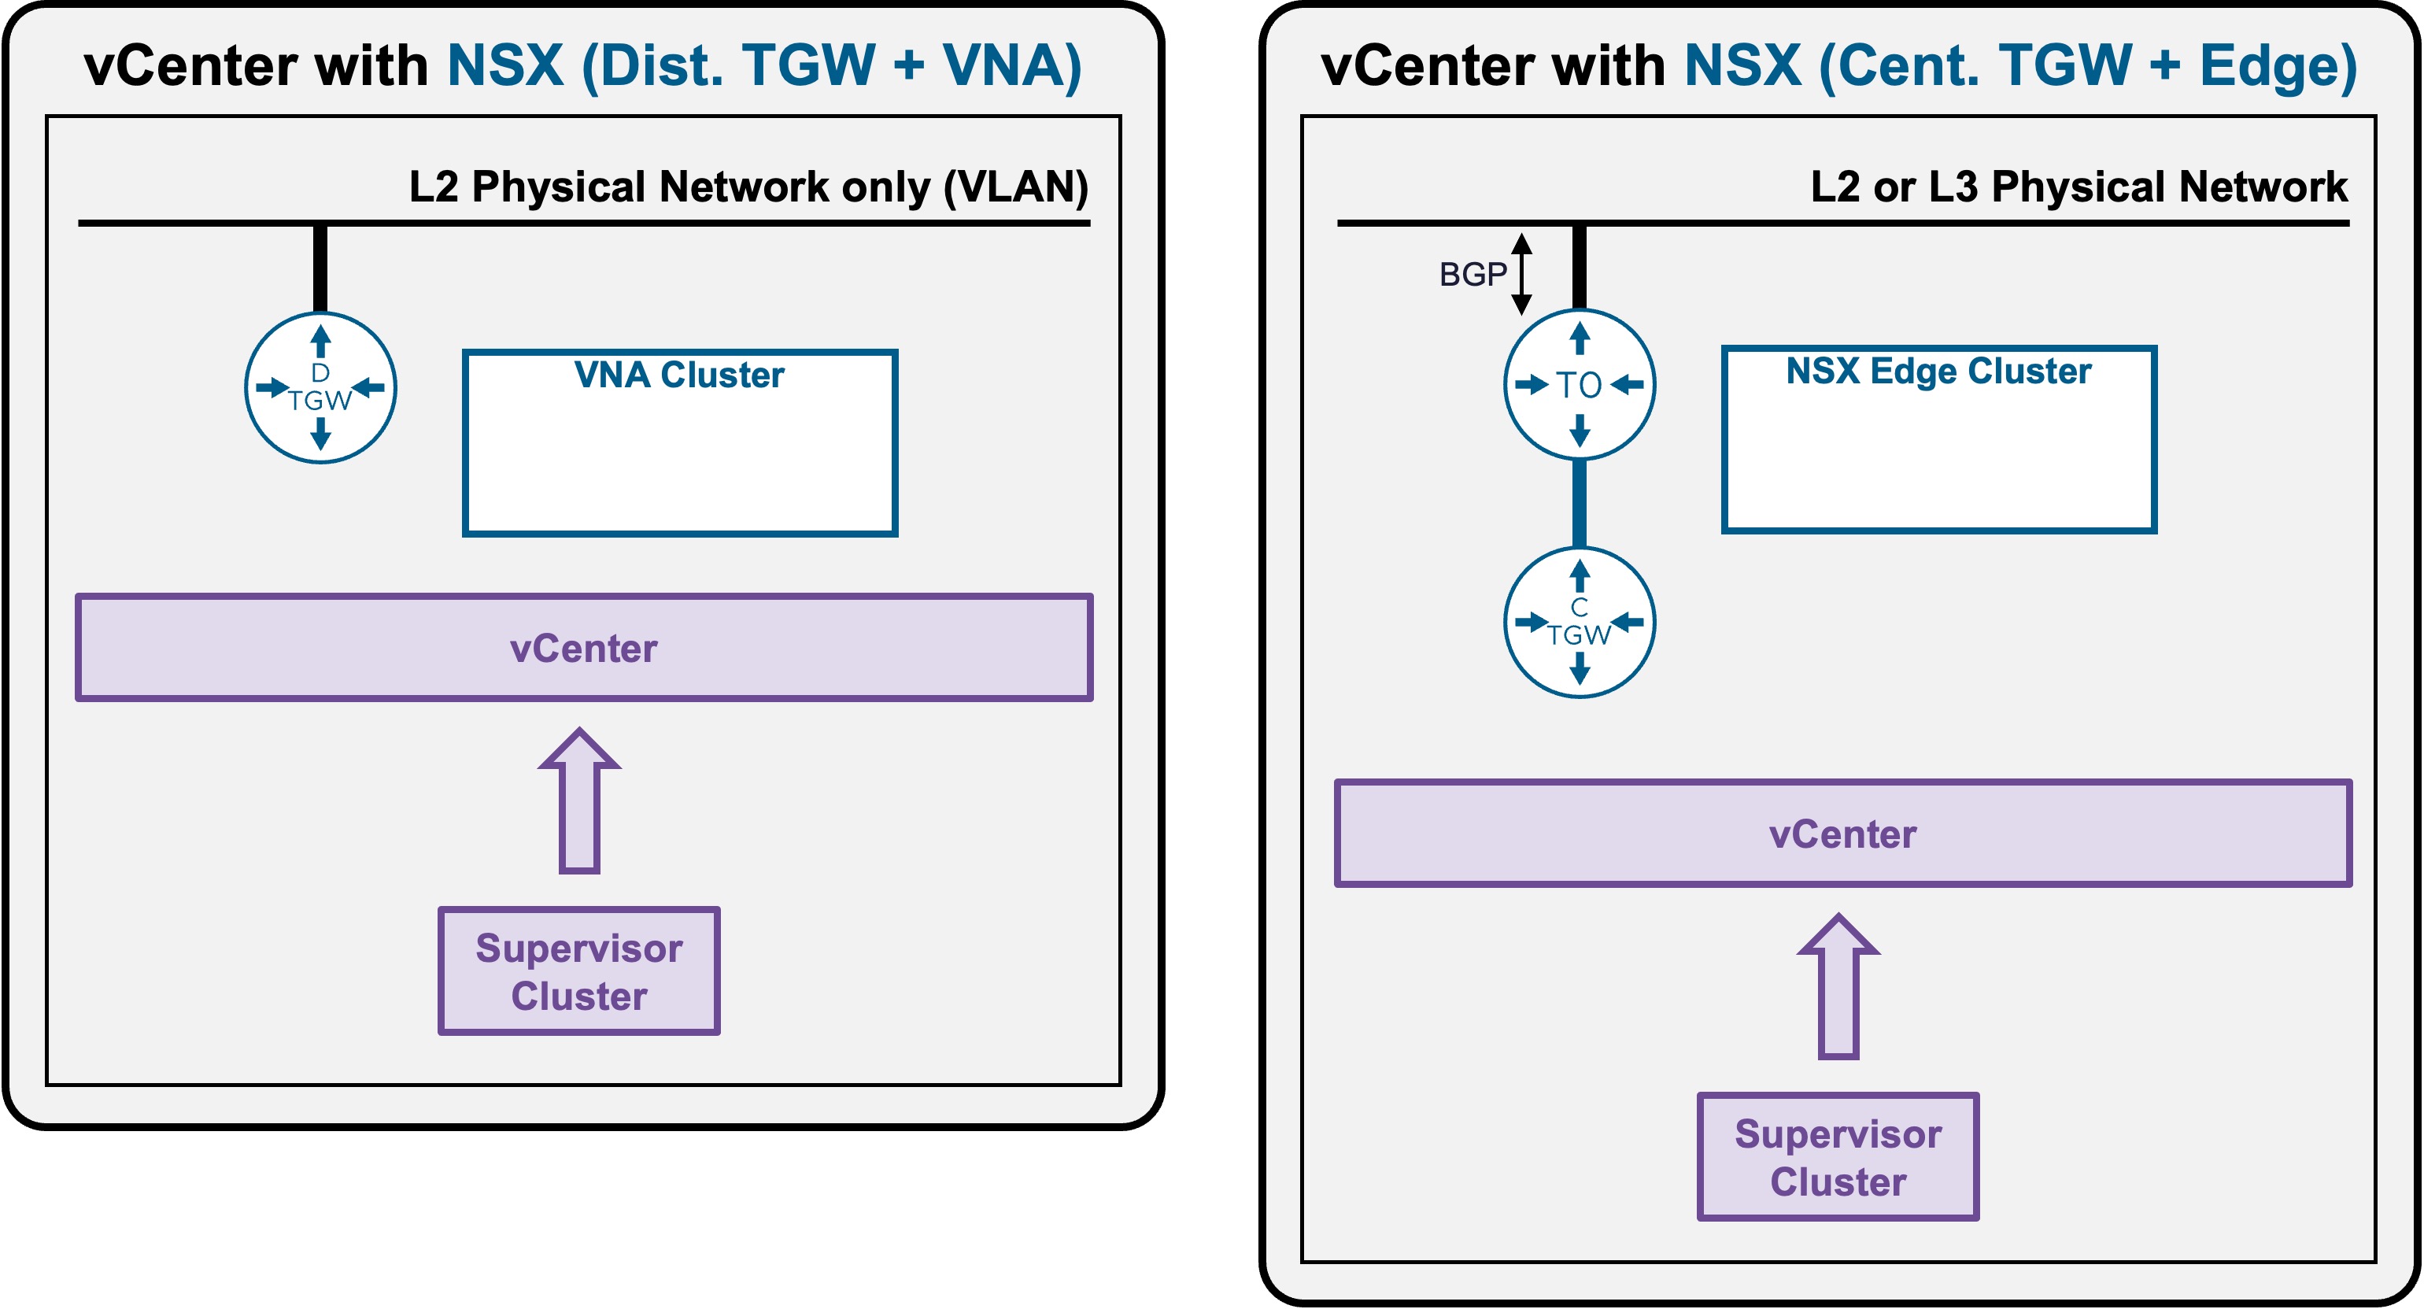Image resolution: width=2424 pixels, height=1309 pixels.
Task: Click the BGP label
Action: [1473, 274]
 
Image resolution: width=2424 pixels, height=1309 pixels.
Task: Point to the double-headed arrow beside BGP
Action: [1521, 274]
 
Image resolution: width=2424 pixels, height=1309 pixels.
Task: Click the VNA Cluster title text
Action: [679, 375]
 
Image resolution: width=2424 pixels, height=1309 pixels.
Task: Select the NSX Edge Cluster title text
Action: [1938, 371]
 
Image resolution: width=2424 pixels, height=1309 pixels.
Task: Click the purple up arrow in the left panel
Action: [580, 801]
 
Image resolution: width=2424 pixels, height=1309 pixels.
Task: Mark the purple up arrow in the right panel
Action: [1838, 986]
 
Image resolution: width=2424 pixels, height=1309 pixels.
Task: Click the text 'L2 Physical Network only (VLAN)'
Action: [749, 187]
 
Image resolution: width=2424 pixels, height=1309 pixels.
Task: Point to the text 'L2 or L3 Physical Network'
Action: [2079, 187]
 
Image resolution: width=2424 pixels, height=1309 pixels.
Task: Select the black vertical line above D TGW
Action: [320, 269]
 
